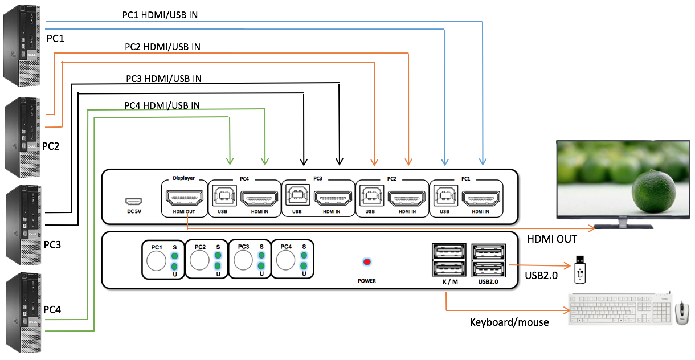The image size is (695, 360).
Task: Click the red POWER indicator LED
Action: [367, 262]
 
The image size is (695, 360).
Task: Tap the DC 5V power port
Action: [134, 202]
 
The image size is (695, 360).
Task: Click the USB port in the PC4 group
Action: [223, 197]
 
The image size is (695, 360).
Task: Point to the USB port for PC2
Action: [370, 198]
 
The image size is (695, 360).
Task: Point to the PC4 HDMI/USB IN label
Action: [162, 105]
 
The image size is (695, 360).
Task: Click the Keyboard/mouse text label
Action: [509, 322]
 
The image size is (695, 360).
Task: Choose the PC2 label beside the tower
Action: [51, 146]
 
